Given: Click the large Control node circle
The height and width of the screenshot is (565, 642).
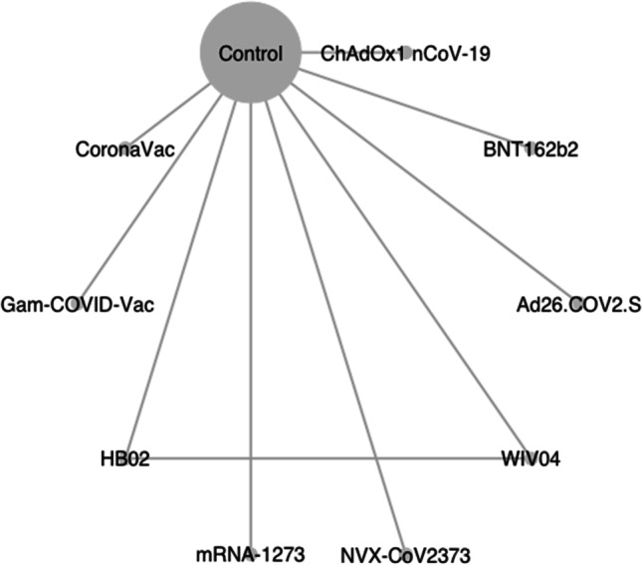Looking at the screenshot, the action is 251,52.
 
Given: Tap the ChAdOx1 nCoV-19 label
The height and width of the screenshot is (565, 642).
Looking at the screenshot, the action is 405,54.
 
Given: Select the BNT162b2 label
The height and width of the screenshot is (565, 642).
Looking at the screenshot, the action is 531,149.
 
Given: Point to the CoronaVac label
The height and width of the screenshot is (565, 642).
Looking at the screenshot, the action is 124,149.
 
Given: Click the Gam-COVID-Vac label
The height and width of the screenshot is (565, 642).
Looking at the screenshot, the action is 78,305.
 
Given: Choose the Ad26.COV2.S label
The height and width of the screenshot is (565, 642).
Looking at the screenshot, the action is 578,305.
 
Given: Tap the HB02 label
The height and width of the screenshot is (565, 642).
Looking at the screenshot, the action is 124,459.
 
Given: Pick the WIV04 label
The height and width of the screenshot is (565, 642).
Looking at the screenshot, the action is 531,458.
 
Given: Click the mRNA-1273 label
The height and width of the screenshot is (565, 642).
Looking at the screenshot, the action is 251,555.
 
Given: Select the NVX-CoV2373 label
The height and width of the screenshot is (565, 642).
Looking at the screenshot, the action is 405,556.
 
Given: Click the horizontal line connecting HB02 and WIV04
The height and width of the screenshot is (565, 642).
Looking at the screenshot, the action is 327,458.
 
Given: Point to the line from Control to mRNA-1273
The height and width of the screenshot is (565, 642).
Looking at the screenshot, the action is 252,327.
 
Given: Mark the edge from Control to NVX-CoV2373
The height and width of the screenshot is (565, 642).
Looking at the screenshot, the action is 335,327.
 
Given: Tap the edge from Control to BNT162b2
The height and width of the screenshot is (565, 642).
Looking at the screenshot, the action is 414,109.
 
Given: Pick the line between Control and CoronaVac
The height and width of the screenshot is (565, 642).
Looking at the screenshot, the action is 168,116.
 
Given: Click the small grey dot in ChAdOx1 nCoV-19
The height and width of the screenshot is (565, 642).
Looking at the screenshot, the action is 406,53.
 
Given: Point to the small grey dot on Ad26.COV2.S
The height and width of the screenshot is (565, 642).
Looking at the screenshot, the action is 576,304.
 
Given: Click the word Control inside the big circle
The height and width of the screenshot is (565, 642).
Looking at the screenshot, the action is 251,54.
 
